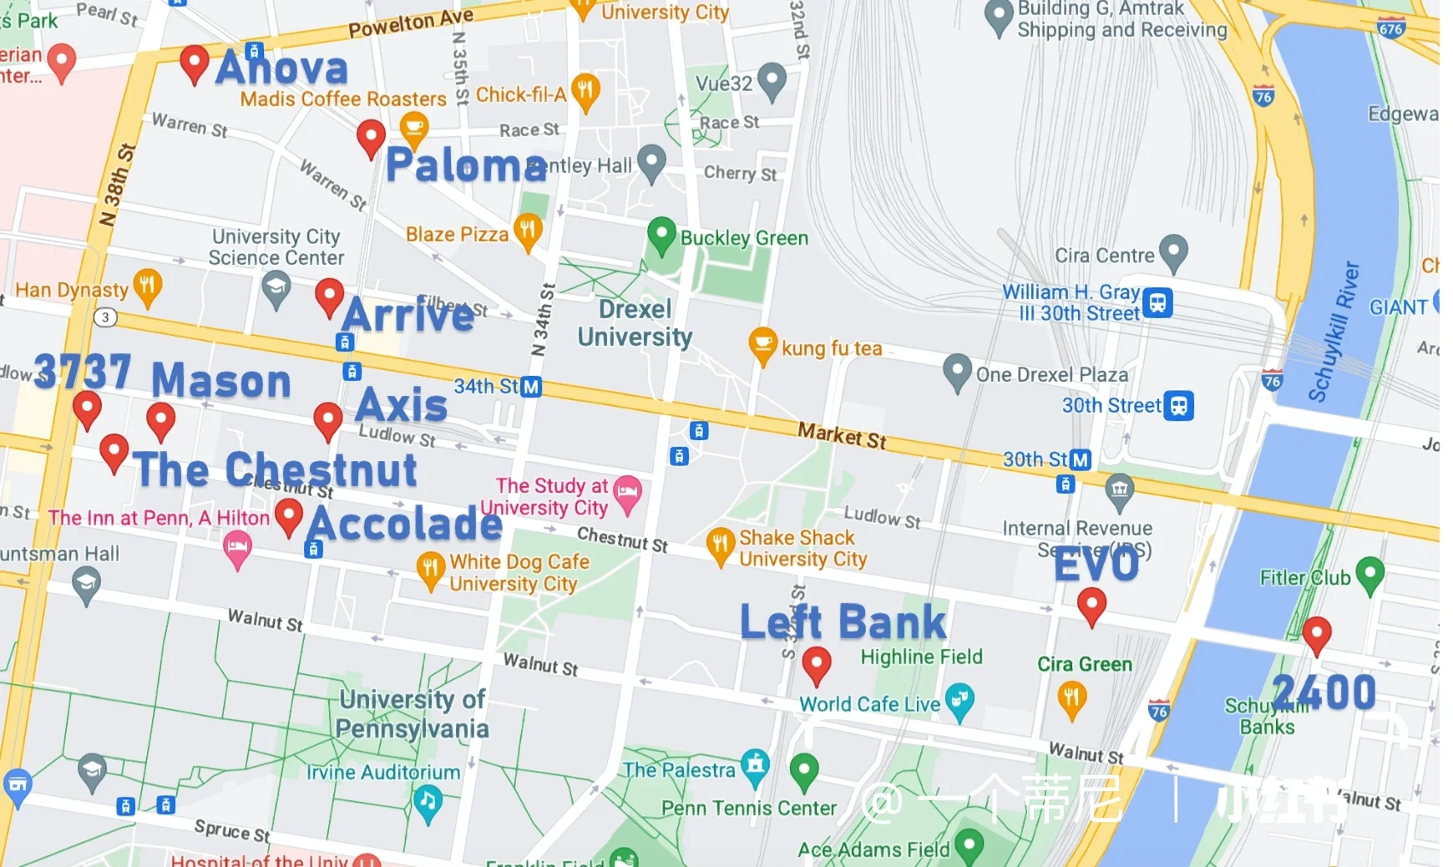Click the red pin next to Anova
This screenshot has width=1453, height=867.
coord(194,63)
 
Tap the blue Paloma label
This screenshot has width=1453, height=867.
coord(466,165)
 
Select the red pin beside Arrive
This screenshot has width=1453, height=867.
coord(329,295)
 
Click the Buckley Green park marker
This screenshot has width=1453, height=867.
coord(661,234)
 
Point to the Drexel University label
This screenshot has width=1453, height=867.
coord(635,323)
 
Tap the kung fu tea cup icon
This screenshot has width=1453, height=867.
coord(762,344)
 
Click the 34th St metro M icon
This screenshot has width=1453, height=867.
coord(531,387)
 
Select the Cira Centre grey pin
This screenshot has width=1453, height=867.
coord(1173,251)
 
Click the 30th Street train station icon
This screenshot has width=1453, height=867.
coord(1178,405)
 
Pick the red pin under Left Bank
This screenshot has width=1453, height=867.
coord(816,663)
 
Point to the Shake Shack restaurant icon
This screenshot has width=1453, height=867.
coord(719,544)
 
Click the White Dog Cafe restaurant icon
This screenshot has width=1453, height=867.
coord(430,570)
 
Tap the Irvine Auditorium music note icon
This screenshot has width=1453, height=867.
coord(428,802)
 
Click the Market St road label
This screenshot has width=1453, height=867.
coord(841,435)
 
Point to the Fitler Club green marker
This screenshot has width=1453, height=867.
coord(1369,574)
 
